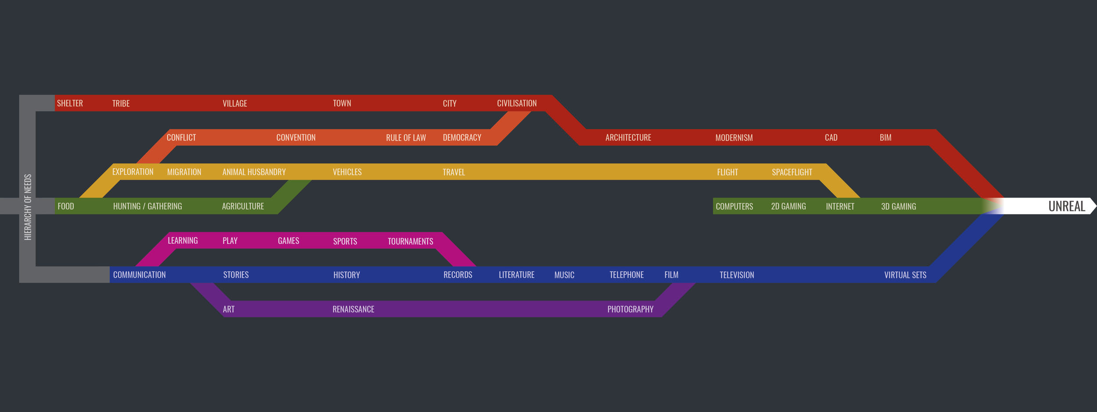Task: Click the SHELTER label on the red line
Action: pyautogui.click(x=70, y=103)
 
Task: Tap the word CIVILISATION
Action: pyautogui.click(x=516, y=103)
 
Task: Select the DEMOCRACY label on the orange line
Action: pyautogui.click(x=462, y=137)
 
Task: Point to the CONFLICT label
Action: pyautogui.click(x=181, y=137)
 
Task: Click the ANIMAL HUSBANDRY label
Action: pyautogui.click(x=254, y=172)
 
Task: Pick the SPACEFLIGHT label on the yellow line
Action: pyautogui.click(x=792, y=172)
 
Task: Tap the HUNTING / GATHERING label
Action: pyautogui.click(x=147, y=206)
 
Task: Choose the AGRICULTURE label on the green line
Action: pyautogui.click(x=243, y=206)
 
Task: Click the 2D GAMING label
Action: pyautogui.click(x=788, y=206)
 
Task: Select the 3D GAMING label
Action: pyautogui.click(x=898, y=206)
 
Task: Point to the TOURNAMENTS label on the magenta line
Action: pyautogui.click(x=410, y=241)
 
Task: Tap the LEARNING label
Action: pyautogui.click(x=183, y=240)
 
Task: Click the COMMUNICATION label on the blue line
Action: pyautogui.click(x=139, y=275)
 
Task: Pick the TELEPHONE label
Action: pyautogui.click(x=626, y=275)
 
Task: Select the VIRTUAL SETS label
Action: pyautogui.click(x=905, y=275)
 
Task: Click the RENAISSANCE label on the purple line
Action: pyautogui.click(x=353, y=309)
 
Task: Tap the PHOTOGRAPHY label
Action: pyautogui.click(x=630, y=309)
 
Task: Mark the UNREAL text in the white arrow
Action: pyautogui.click(x=1066, y=206)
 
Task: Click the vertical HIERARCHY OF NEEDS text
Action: pyautogui.click(x=28, y=207)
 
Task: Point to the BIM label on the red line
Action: pyautogui.click(x=885, y=137)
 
